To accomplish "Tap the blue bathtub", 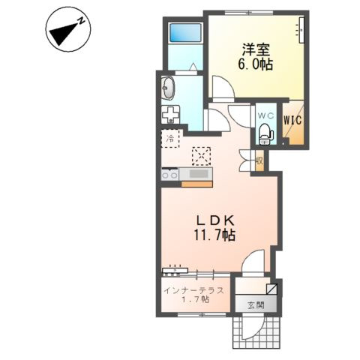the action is [185, 32].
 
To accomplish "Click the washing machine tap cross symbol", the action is [170, 115].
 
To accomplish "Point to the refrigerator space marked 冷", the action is [170, 139].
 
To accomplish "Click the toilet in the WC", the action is [265, 133].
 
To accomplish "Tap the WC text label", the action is [265, 115].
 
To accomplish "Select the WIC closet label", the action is [292, 121].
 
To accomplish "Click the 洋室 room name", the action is [256, 49].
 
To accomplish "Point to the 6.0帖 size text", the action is [255, 64].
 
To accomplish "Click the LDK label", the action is [215, 220].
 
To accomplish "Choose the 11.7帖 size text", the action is [215, 235].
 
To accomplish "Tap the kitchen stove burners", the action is [169, 174].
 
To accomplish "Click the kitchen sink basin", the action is [199, 173].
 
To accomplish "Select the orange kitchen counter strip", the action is [196, 184].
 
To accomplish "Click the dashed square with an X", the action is [201, 156].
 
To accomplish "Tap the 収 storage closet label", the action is [259, 160].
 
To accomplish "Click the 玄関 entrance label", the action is [256, 305].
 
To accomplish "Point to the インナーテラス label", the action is [193, 291].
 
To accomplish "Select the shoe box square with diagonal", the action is [271, 289].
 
